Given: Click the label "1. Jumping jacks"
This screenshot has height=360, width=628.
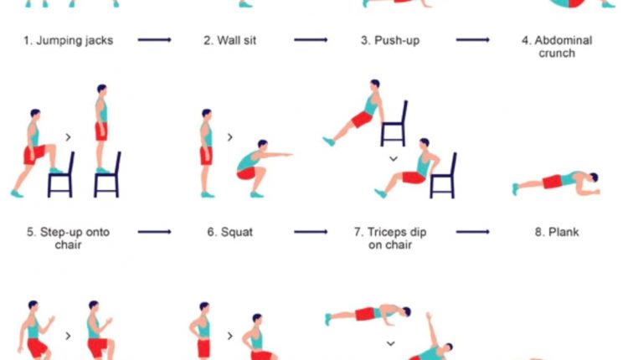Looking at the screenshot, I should [x=69, y=39].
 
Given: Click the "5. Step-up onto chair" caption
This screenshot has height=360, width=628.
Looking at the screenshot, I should [x=69, y=239].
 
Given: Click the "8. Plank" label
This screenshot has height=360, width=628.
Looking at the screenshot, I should [x=557, y=232].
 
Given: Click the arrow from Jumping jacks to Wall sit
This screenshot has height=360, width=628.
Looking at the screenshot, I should [x=155, y=39].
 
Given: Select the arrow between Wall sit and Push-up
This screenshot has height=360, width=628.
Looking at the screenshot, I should [x=311, y=39].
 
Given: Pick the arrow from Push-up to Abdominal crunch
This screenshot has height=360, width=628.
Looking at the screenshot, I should [x=472, y=39].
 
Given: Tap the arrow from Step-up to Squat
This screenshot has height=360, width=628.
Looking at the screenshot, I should [x=155, y=232].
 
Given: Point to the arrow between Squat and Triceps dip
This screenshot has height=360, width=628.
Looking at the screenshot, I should [x=311, y=232].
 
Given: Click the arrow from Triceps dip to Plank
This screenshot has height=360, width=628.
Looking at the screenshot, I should [x=472, y=232].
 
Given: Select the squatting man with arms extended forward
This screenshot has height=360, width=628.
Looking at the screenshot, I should [x=255, y=162].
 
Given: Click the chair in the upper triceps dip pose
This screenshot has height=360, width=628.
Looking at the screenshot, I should [x=394, y=124].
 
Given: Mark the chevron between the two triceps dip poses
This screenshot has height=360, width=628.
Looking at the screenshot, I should [x=392, y=157].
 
